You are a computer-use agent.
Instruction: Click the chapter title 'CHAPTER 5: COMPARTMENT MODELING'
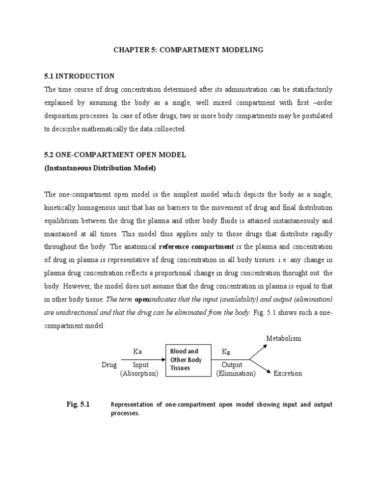point(189,50)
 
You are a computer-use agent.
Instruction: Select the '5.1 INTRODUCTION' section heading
point(80,76)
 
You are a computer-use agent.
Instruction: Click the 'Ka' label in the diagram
point(138,351)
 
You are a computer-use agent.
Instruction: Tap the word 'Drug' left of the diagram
point(109,365)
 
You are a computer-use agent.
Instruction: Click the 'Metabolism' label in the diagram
point(283,338)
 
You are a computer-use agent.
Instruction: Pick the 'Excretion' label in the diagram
point(288,374)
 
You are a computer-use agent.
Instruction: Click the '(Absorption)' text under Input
point(139,374)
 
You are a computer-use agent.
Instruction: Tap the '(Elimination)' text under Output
point(236,374)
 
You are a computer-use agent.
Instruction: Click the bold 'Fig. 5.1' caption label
point(78,405)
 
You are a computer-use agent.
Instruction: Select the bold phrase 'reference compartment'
point(196,246)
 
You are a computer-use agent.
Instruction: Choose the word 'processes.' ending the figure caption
point(125,413)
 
